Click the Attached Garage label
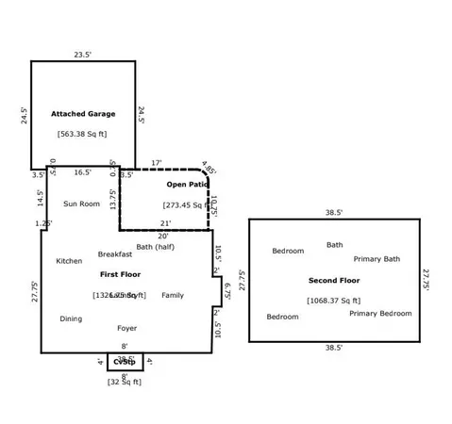[83, 114]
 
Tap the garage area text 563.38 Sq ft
[82, 134]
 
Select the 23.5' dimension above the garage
[83, 55]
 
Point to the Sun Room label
[81, 204]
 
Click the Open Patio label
[187, 185]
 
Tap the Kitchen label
[69, 261]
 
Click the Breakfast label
[115, 254]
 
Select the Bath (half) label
[156, 247]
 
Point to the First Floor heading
[120, 273]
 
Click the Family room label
[173, 295]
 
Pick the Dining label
[71, 318]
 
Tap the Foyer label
[126, 328]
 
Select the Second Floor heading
[334, 281]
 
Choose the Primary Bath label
[377, 259]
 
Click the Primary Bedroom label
[380, 313]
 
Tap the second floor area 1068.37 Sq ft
[334, 300]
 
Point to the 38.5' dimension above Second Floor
[334, 213]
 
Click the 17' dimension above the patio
[156, 162]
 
